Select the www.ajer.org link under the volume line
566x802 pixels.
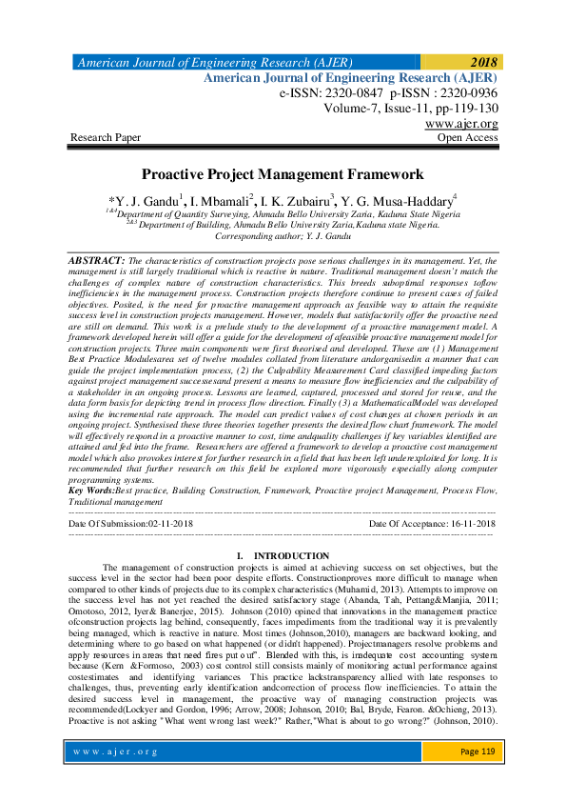pyautogui.click(x=461, y=124)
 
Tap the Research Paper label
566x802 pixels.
pyautogui.click(x=106, y=138)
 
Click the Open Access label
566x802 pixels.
pyautogui.click(x=467, y=138)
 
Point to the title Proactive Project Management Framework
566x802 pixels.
pyautogui.click(x=282, y=175)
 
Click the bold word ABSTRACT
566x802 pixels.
pyautogui.click(x=96, y=260)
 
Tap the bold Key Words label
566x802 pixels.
pyautogui.click(x=92, y=489)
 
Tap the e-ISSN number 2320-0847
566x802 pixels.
pyautogui.click(x=352, y=94)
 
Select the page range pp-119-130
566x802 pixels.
pyautogui.click(x=461, y=110)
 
